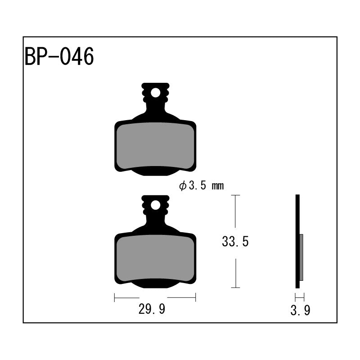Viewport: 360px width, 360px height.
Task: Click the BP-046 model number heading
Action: point(59,57)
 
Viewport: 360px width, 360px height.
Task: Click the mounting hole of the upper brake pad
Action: point(155,93)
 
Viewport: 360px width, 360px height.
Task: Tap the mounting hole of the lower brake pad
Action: point(155,205)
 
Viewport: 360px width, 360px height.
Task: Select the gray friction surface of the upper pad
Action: point(155,146)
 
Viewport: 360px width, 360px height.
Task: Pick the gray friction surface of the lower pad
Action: point(155,258)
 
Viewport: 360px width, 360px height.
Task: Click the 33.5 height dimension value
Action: point(235,242)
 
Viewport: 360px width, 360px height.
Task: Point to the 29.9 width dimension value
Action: point(152,309)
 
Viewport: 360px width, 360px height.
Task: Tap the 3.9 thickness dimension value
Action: point(300,310)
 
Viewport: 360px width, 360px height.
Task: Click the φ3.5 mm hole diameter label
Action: point(201,186)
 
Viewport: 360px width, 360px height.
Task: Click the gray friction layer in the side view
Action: point(301,257)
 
